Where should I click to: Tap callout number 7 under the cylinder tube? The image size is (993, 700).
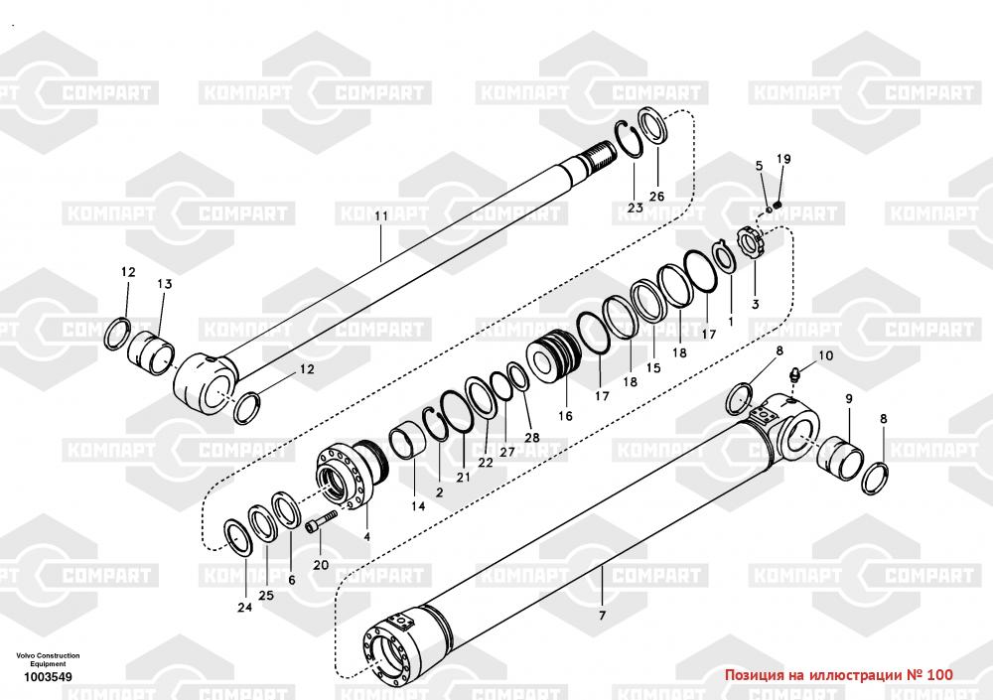point(602,616)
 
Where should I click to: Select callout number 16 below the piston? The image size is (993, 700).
point(565,416)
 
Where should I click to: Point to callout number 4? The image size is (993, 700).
point(366,537)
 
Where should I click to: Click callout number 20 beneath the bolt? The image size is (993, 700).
point(320,565)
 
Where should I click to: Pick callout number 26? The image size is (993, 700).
point(656,196)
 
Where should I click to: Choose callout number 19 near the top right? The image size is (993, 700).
point(783,160)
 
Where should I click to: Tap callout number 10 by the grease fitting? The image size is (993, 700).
point(826,355)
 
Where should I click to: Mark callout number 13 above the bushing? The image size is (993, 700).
point(165,284)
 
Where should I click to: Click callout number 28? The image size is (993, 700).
point(532,438)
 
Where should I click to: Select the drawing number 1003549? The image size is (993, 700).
point(48,678)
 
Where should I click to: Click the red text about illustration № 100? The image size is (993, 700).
point(839,675)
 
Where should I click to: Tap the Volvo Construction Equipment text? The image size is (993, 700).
point(48,660)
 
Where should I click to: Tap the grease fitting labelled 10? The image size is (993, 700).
point(793,376)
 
